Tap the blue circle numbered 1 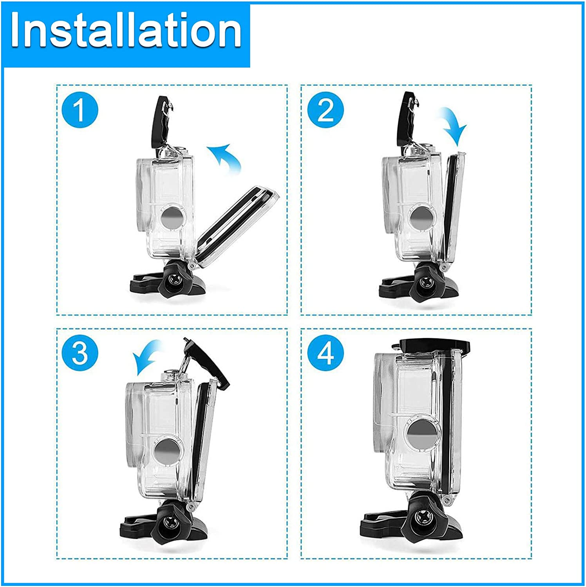click(x=80, y=110)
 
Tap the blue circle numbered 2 click(x=326, y=110)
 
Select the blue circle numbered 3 click(x=80, y=353)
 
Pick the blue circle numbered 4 click(x=326, y=353)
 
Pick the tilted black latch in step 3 click(x=207, y=362)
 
